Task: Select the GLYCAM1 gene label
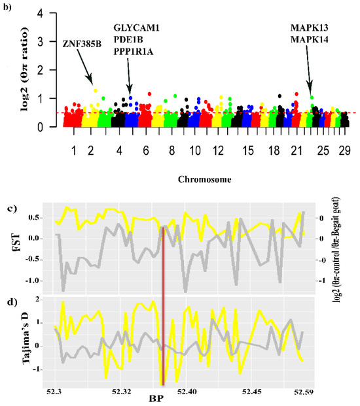tap(137, 28)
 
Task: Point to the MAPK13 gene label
tap(313, 28)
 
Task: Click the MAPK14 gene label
tap(313, 40)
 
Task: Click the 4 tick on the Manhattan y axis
tap(41, 13)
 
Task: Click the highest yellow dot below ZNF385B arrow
tap(96, 91)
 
